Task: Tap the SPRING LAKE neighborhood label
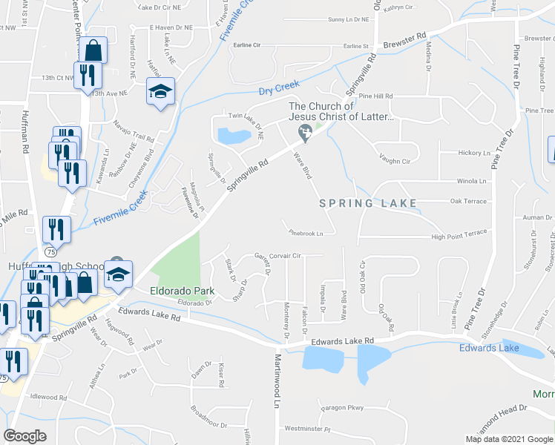[x=367, y=202]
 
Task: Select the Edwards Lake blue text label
[x=488, y=348]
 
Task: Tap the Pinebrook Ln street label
[x=306, y=233]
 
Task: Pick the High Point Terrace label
[x=459, y=236]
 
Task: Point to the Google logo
[x=26, y=435]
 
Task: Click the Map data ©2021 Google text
[x=509, y=439]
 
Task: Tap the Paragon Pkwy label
[x=344, y=407]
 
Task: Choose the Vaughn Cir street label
[x=394, y=160]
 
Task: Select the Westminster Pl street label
[x=307, y=429]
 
